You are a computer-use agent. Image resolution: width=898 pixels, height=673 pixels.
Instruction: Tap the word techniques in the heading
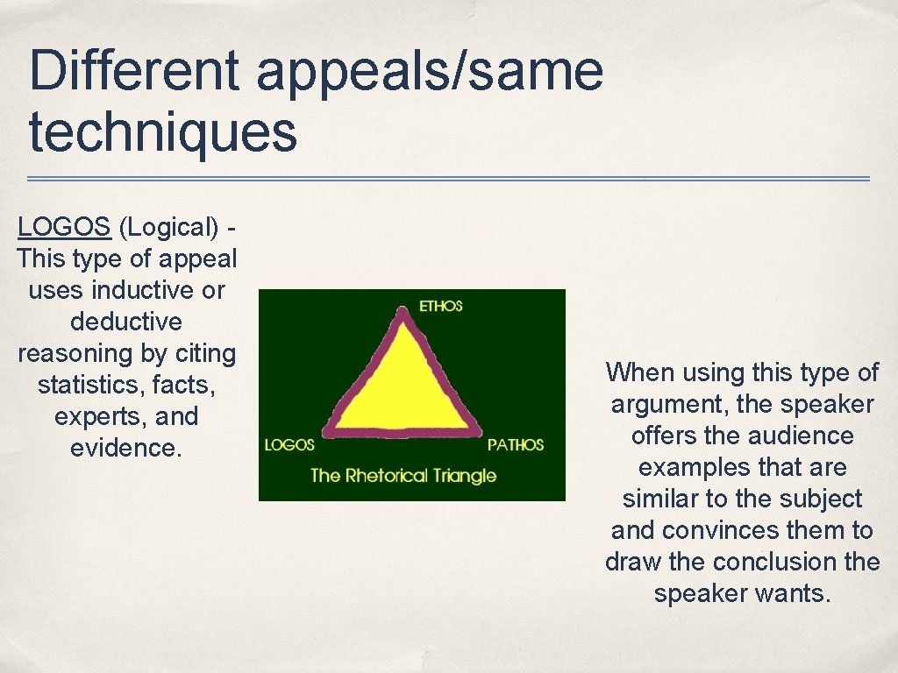(x=163, y=131)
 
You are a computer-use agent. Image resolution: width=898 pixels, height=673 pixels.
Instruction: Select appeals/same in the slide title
(x=430, y=72)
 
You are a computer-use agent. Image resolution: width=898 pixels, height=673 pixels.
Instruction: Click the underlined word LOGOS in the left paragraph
(x=64, y=227)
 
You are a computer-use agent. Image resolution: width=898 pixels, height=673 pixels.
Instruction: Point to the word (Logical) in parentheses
(x=168, y=228)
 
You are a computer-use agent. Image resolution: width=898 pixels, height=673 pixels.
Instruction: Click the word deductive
(x=126, y=322)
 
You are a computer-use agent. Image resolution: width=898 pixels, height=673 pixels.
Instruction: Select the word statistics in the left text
(x=86, y=385)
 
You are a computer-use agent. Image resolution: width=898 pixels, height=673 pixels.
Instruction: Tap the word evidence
(x=125, y=448)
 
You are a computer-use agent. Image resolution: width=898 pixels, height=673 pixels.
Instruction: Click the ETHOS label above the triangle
(x=440, y=306)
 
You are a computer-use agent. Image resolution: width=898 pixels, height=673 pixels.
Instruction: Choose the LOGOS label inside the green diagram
(x=289, y=445)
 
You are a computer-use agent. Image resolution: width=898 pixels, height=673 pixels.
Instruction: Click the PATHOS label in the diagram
(x=516, y=445)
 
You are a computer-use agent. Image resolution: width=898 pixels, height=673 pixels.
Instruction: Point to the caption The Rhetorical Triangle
(x=403, y=476)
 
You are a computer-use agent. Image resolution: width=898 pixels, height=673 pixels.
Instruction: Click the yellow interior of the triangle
(x=402, y=386)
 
